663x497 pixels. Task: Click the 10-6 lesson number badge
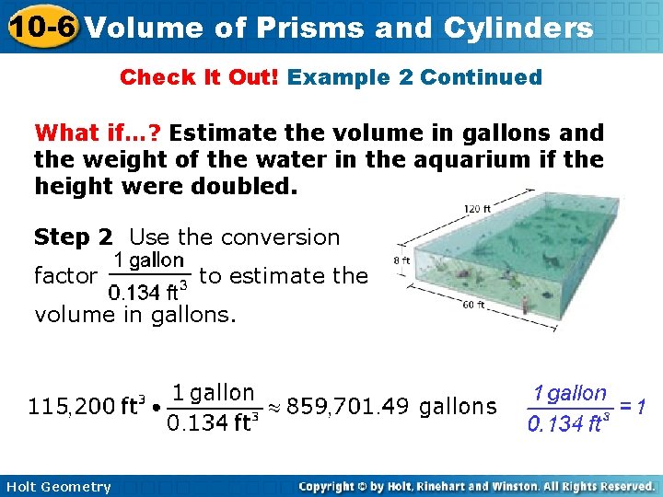tap(41, 27)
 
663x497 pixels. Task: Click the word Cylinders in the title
tap(521, 28)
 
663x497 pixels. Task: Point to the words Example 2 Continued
tap(414, 77)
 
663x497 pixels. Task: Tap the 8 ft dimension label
tap(402, 261)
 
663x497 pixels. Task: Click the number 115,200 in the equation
tap(72, 406)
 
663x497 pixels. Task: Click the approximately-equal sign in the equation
tap(273, 406)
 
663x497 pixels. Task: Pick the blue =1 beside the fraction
tap(629, 406)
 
